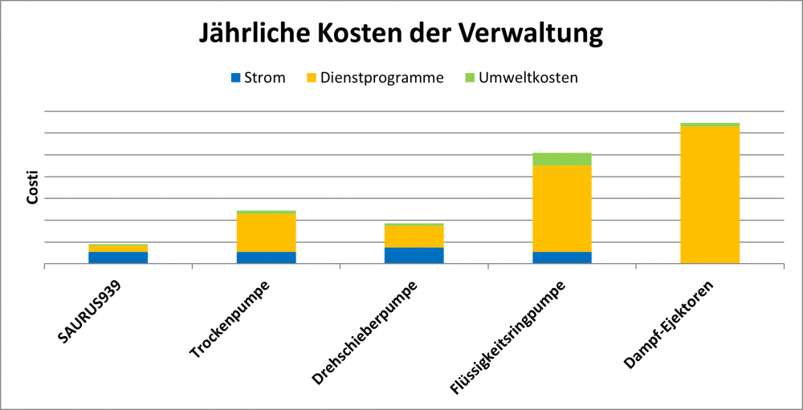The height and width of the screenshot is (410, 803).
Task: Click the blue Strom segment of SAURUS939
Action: click(x=118, y=258)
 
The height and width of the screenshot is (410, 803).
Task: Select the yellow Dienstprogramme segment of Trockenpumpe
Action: click(x=267, y=233)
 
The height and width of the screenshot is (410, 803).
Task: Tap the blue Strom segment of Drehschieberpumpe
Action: click(x=414, y=255)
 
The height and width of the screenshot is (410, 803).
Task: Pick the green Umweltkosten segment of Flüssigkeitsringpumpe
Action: click(x=562, y=159)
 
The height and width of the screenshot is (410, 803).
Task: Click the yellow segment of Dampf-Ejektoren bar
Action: click(x=711, y=195)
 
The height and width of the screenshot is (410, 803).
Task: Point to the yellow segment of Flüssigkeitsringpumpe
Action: click(x=562, y=209)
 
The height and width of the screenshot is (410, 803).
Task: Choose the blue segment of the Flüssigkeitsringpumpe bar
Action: click(x=562, y=258)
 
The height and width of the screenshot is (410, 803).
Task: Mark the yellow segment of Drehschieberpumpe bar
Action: click(x=414, y=237)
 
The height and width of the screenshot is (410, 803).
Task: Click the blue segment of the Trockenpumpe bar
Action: click(x=267, y=258)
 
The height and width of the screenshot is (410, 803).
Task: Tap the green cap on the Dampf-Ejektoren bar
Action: click(x=711, y=124)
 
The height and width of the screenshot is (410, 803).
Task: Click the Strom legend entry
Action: click(x=258, y=78)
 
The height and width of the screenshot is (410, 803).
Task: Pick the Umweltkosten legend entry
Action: click(x=523, y=78)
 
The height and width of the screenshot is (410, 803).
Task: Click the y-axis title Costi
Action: click(x=33, y=187)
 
